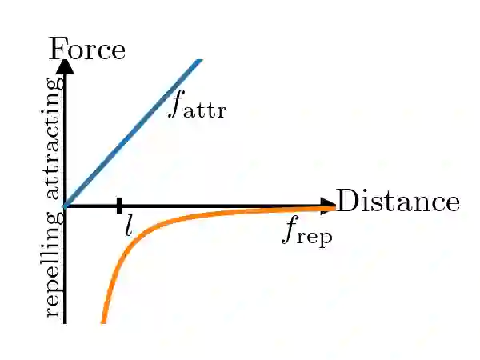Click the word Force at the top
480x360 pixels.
click(x=87, y=50)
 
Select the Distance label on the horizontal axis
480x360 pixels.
click(x=398, y=202)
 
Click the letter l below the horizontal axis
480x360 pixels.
click(x=129, y=226)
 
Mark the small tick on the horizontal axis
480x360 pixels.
click(x=118, y=206)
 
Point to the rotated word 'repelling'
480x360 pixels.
click(x=54, y=262)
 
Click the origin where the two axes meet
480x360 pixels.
click(x=65, y=206)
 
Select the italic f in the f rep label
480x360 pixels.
click(x=290, y=230)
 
